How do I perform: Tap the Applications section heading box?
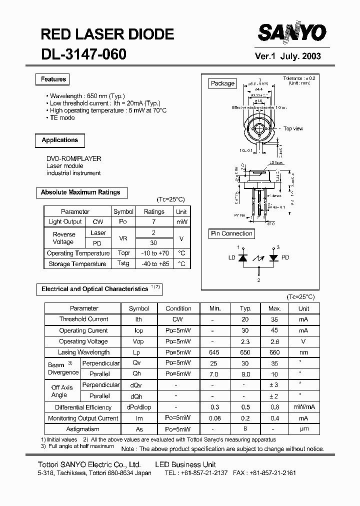(60, 140)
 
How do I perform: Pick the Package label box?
(222, 83)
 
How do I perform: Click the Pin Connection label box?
(231, 233)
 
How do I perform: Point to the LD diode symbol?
(243, 257)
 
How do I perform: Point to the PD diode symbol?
(273, 257)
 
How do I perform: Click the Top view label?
(293, 129)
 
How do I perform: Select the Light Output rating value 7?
(154, 221)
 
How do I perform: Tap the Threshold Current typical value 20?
(245, 319)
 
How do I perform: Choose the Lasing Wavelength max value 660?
(274, 352)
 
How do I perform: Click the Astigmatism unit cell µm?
(303, 429)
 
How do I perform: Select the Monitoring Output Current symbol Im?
(139, 418)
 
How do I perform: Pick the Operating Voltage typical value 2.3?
(245, 341)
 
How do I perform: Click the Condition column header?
(178, 308)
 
